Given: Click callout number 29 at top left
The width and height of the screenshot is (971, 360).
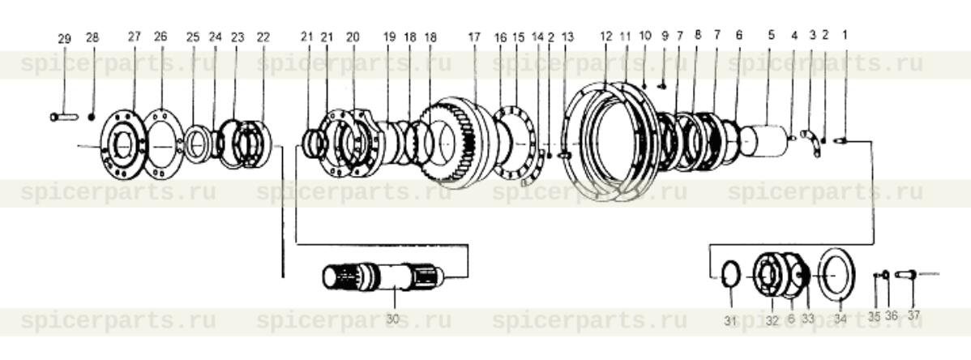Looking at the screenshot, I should point(65,38).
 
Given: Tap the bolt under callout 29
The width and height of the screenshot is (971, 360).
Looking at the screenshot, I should point(63,117).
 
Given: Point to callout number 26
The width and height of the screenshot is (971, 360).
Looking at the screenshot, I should point(160,36).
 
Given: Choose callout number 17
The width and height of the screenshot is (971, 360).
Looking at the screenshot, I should point(474,36).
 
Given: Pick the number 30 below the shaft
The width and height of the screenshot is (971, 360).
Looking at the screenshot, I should point(392,319).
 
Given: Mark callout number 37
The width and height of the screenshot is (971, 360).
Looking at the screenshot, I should point(913,316).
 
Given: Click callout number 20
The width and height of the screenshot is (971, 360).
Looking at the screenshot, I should point(352,36).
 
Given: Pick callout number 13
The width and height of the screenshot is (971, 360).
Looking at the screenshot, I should point(567,36).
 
